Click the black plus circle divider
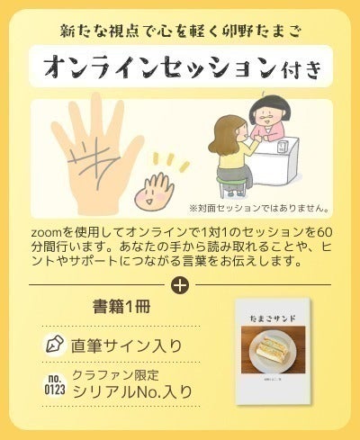[x=180, y=286]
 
